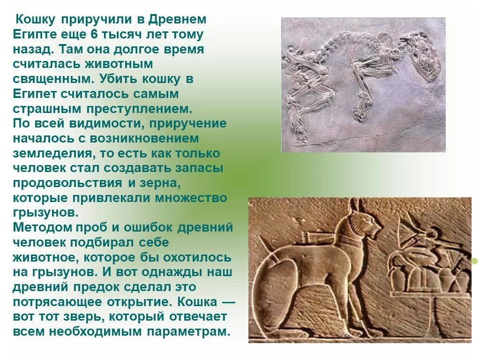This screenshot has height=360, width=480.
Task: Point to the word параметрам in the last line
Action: tap(188, 331)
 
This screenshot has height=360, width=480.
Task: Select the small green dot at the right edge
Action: tap(474, 261)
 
